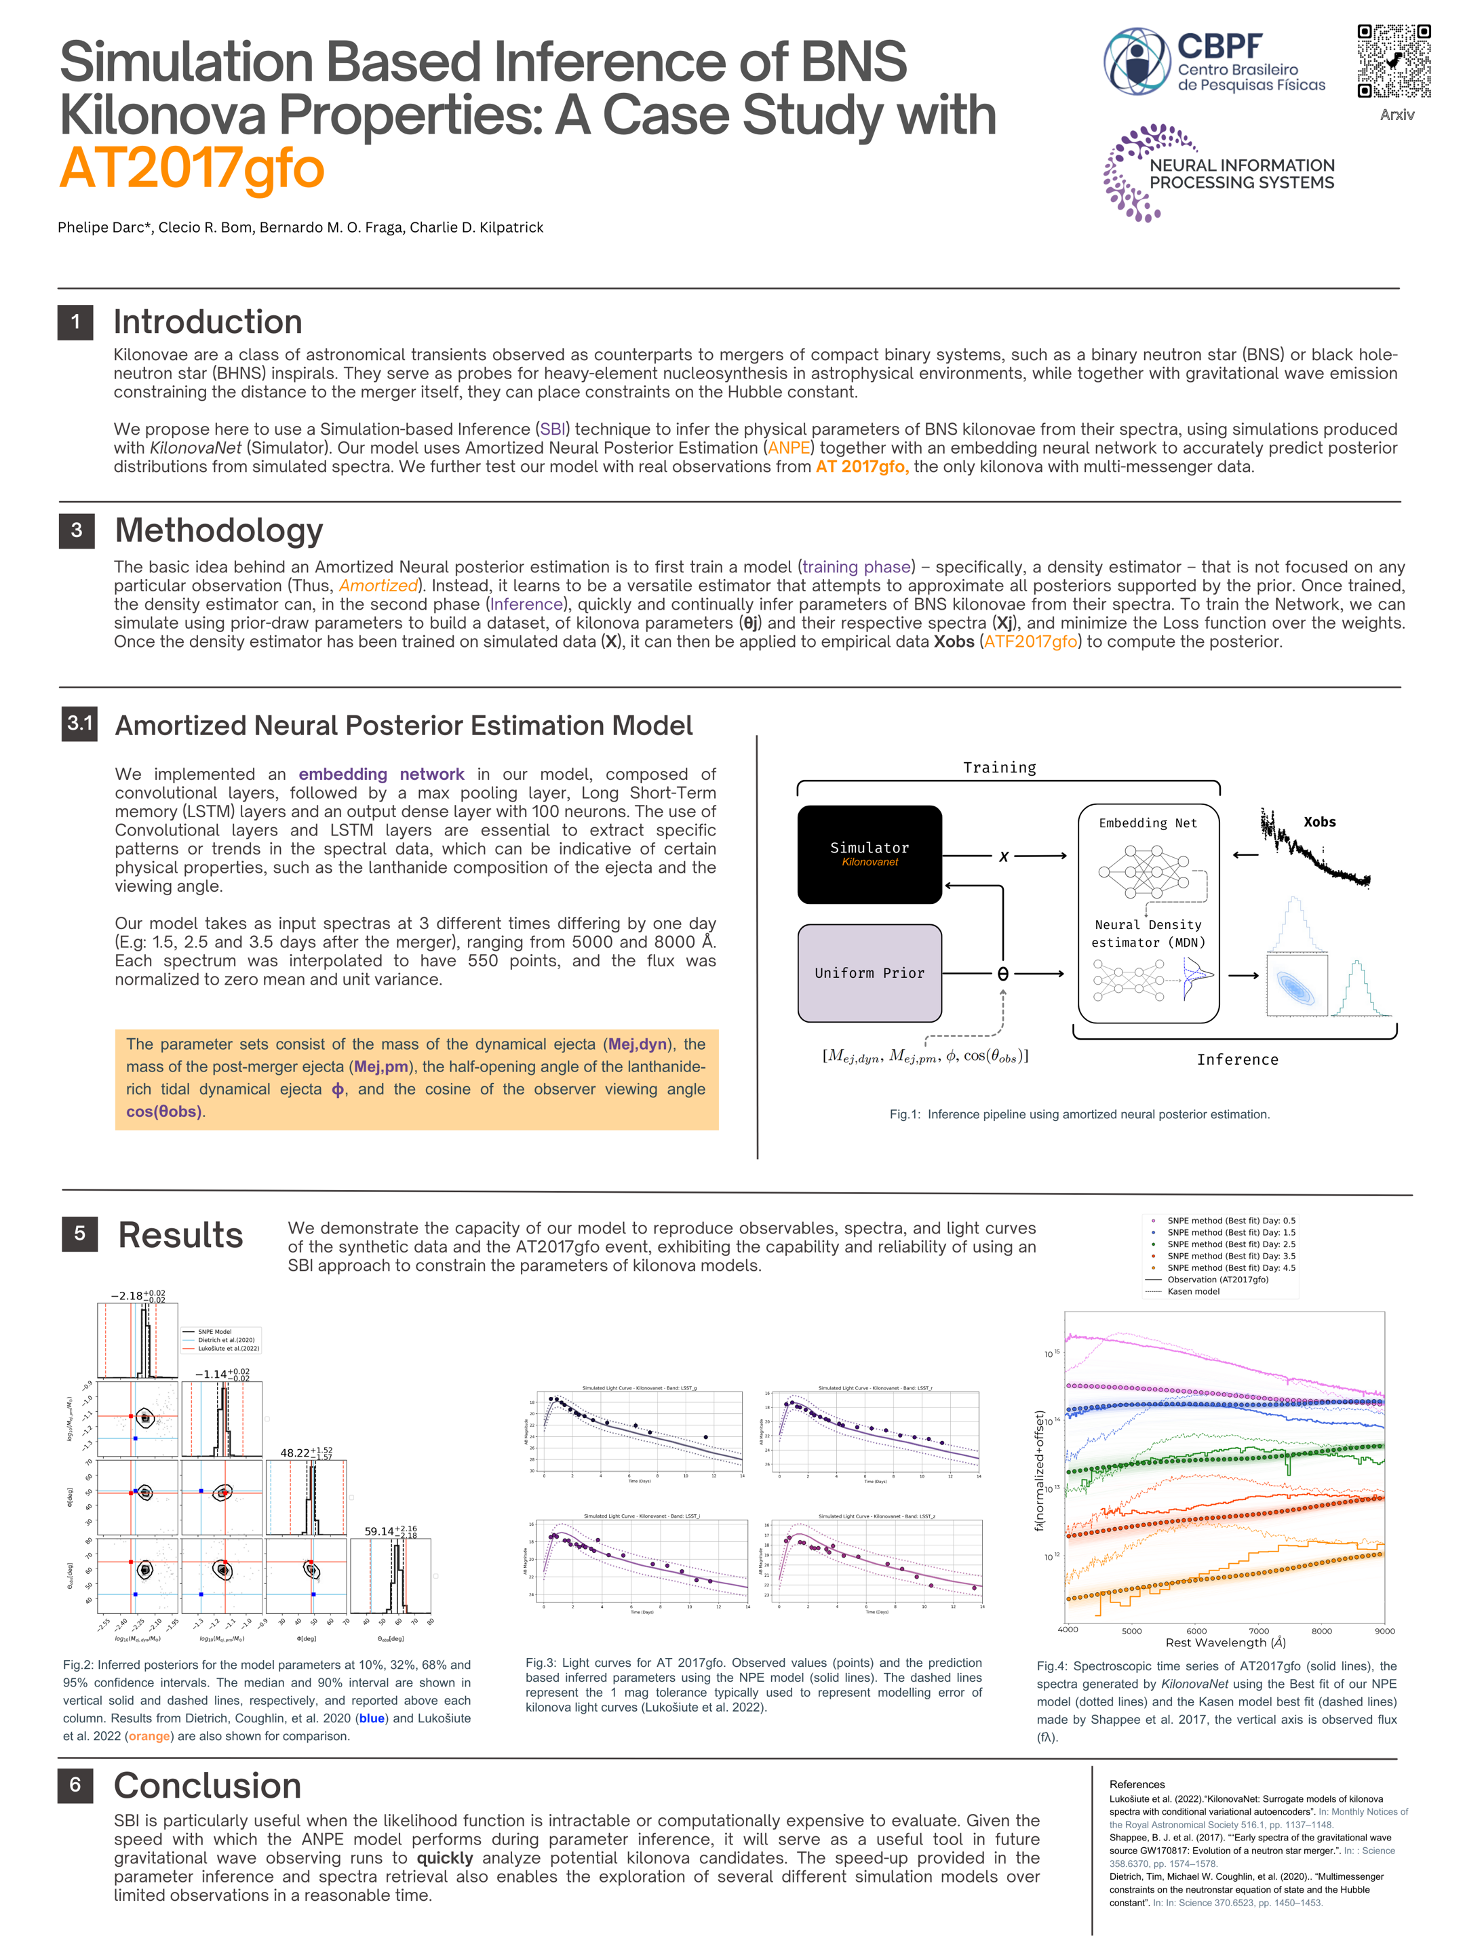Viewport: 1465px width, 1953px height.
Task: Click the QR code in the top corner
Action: [1394, 60]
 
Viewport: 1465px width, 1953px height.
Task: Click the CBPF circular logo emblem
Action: [1137, 61]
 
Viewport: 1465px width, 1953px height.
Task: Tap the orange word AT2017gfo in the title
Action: [192, 167]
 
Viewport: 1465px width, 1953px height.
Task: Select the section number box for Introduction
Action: [76, 322]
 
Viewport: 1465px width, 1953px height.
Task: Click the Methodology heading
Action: [219, 530]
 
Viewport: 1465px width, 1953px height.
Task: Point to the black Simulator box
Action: [869, 854]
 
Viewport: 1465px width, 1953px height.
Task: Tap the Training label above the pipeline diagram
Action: [999, 767]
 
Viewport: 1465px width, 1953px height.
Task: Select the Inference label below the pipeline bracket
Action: [1236, 1059]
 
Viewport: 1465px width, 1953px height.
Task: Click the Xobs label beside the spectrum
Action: [1319, 822]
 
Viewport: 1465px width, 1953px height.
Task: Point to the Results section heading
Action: [180, 1234]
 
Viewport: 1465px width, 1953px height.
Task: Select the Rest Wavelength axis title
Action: [1225, 1642]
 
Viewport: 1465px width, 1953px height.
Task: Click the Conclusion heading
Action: [208, 1786]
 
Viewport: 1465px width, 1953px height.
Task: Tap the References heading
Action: [1137, 1784]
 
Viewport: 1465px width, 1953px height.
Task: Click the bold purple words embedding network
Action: [380, 774]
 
